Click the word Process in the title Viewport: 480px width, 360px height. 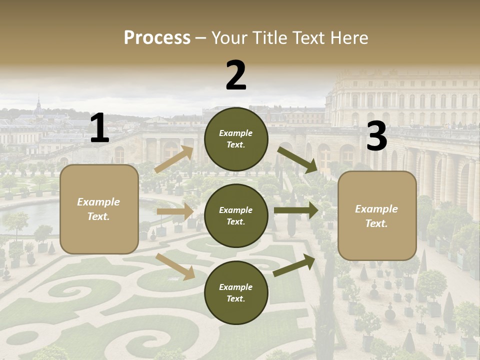(x=157, y=38)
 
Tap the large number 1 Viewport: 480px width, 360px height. (x=99, y=128)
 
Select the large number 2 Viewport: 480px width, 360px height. (x=236, y=75)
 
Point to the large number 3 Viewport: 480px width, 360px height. (x=376, y=136)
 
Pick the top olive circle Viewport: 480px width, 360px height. (x=236, y=139)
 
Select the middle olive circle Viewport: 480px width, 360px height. (x=236, y=216)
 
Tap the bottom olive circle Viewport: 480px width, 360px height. (x=236, y=293)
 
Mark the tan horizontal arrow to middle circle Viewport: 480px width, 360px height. (x=175, y=211)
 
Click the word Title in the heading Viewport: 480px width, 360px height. (x=269, y=38)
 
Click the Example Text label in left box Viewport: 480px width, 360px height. (x=98, y=209)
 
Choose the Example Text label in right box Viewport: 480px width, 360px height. (x=376, y=216)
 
